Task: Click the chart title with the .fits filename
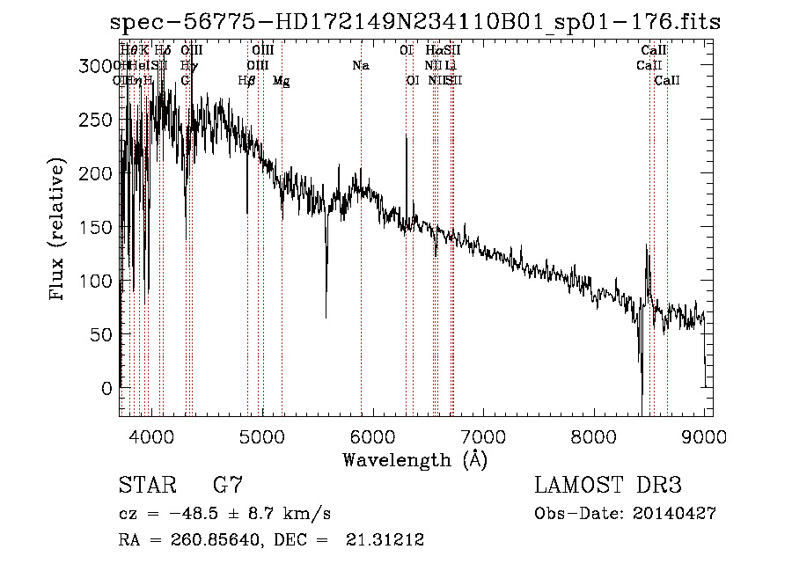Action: (x=415, y=22)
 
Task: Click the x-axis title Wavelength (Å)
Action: (x=415, y=459)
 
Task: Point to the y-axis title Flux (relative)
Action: (x=58, y=231)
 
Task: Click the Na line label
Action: (x=360, y=66)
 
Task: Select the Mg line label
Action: (x=281, y=81)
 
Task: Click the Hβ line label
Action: (x=247, y=81)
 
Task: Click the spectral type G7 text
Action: (x=228, y=485)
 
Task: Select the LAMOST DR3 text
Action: (x=608, y=485)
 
